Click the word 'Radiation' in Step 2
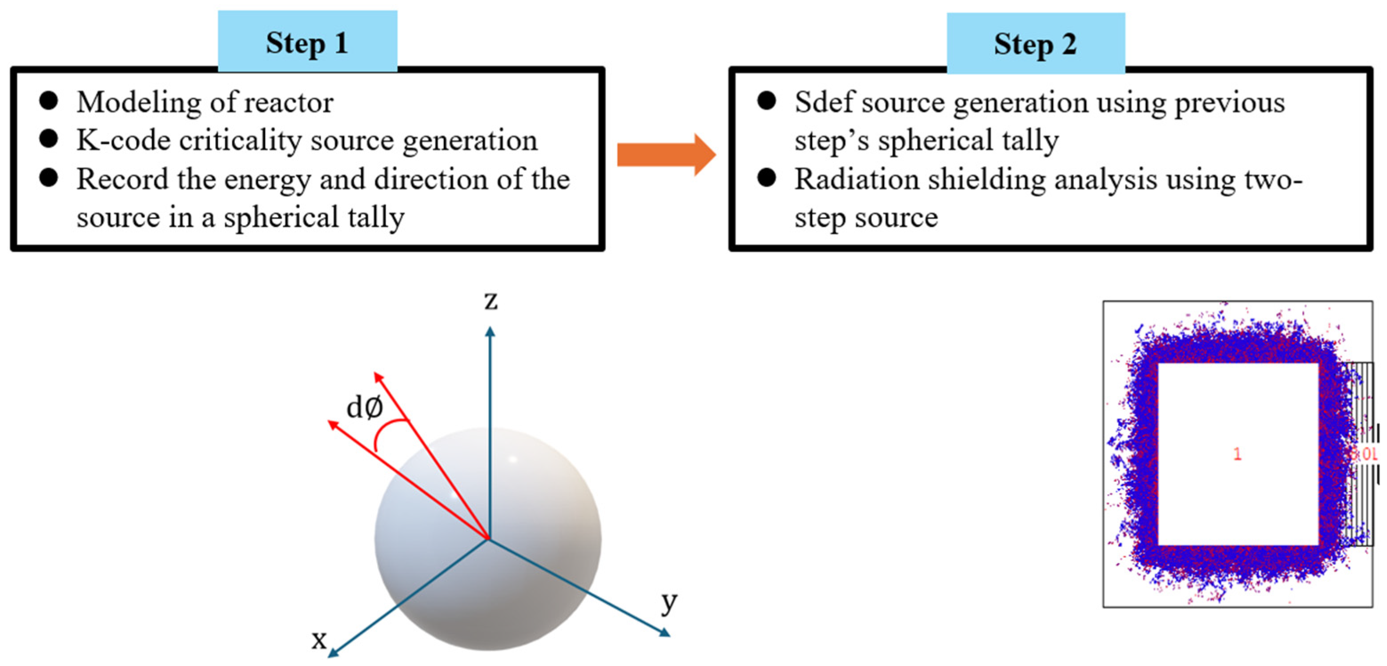coord(856,179)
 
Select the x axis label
coord(319,640)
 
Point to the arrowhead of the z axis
coord(490,332)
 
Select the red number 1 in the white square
coord(1237,454)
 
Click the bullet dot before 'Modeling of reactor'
coord(48,101)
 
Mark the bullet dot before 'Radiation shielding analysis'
coord(766,178)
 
